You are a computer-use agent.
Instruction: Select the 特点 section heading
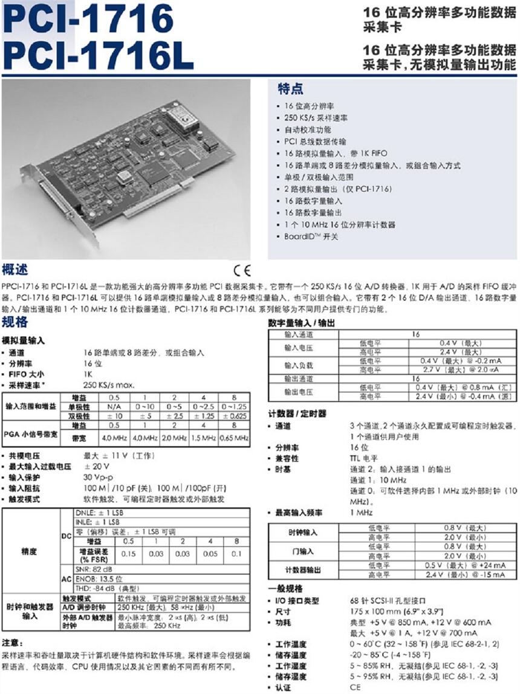click(x=290, y=89)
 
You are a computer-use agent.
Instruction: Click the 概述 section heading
click(x=15, y=269)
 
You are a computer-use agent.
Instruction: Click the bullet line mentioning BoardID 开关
click(x=311, y=236)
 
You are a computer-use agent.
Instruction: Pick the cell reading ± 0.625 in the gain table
click(x=235, y=417)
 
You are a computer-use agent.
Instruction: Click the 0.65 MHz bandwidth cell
click(x=235, y=437)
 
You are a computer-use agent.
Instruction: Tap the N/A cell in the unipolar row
click(x=114, y=407)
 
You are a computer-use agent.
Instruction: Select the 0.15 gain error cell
click(x=129, y=554)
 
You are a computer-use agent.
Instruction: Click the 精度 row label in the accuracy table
click(x=29, y=551)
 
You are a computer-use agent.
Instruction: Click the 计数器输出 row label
click(x=303, y=569)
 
